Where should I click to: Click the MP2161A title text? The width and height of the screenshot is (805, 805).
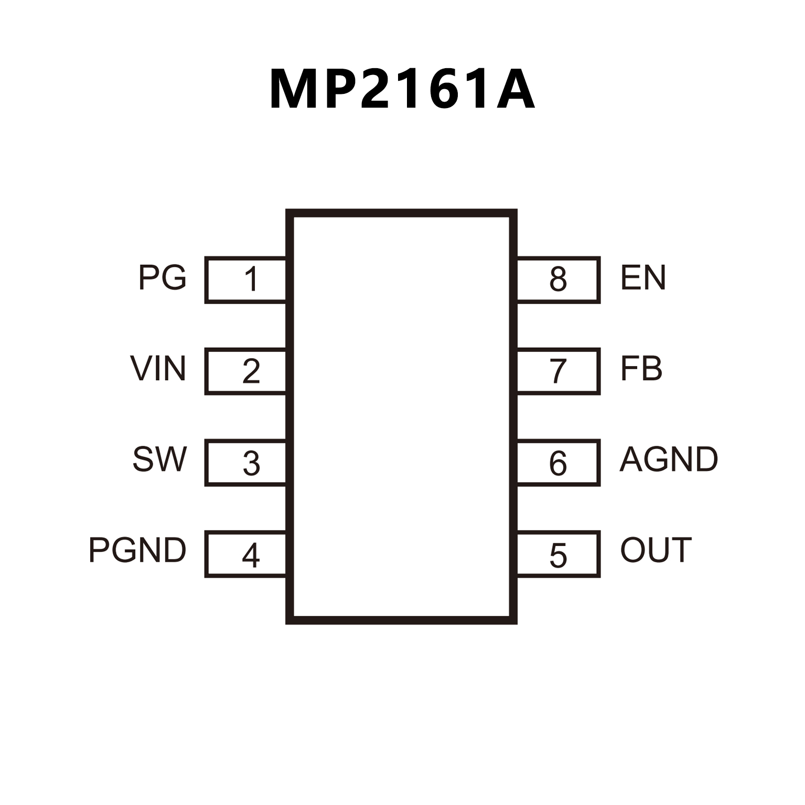click(x=402, y=89)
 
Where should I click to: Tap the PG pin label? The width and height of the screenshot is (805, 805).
click(x=162, y=277)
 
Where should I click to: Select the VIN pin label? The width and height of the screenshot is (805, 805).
click(x=158, y=369)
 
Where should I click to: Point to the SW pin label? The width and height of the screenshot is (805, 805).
click(x=159, y=459)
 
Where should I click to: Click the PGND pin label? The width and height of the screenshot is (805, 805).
click(x=137, y=550)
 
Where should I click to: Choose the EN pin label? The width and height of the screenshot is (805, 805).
click(x=643, y=277)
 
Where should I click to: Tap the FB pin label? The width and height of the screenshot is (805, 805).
click(x=641, y=369)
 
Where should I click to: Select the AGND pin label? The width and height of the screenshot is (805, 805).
click(x=669, y=459)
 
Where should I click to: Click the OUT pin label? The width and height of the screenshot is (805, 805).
click(x=656, y=550)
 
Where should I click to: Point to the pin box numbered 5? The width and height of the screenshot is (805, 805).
click(x=558, y=554)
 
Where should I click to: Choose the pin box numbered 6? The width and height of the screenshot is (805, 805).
click(x=558, y=463)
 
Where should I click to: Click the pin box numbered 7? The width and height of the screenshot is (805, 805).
click(x=558, y=371)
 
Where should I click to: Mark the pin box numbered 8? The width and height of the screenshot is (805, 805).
click(x=558, y=280)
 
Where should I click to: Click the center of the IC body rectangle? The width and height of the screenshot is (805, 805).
click(x=402, y=417)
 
